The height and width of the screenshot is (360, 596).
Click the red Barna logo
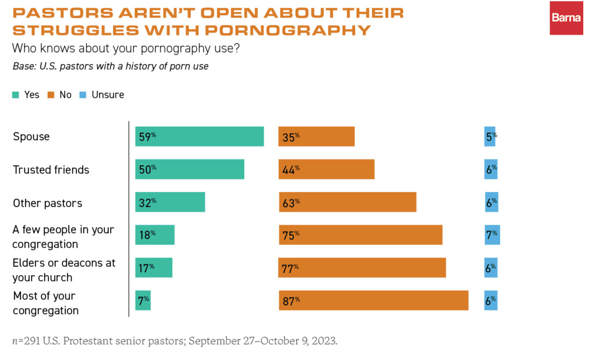(x=566, y=17)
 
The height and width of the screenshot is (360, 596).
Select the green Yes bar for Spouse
(x=199, y=137)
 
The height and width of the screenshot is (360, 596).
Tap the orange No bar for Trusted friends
(x=326, y=170)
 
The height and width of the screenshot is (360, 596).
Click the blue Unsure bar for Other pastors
(x=491, y=202)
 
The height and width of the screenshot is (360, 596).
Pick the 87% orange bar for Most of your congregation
(x=373, y=300)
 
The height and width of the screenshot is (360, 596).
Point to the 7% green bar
(x=143, y=300)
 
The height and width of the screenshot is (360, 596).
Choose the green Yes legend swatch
(x=16, y=95)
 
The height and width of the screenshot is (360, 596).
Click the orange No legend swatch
(x=51, y=95)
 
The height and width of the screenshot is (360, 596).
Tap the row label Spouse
(x=31, y=137)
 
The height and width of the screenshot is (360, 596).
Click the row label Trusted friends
(x=51, y=170)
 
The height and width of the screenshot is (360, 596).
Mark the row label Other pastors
(x=48, y=204)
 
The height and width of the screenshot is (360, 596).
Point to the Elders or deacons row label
(x=64, y=270)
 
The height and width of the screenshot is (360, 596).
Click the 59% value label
(x=147, y=137)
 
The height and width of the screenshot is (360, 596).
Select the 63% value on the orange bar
(x=291, y=202)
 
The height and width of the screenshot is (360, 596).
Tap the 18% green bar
(x=155, y=234)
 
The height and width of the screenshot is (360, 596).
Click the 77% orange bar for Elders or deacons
(x=362, y=268)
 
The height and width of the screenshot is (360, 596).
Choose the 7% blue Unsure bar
(x=492, y=234)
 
